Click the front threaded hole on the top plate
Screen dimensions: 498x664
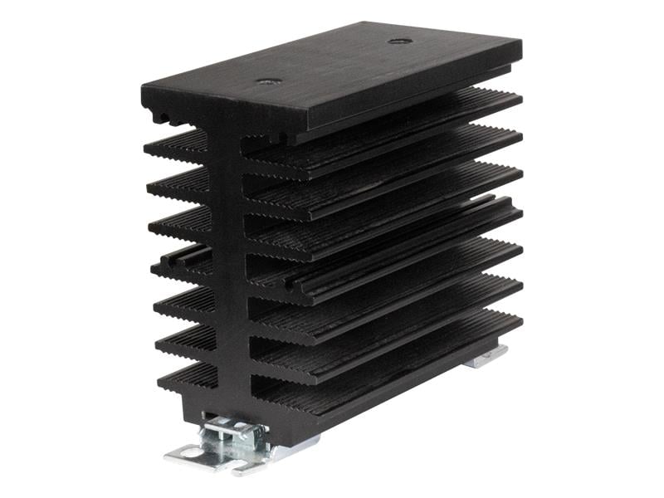[268, 81]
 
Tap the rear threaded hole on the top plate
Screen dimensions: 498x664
[400, 41]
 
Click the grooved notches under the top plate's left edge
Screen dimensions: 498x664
[166, 116]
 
